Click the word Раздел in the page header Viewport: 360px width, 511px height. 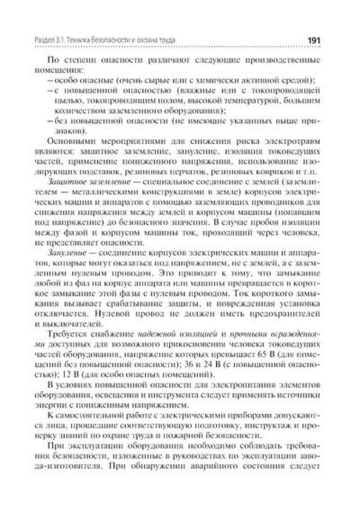pos(46,40)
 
